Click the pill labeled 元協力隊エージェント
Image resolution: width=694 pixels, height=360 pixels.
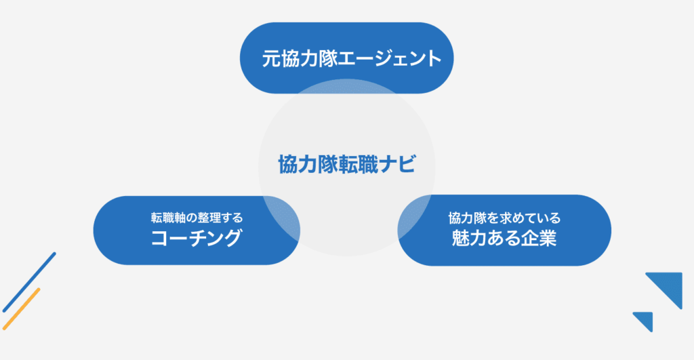pyautogui.click(x=346, y=58)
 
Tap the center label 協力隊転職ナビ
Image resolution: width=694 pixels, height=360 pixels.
pyautogui.click(x=347, y=164)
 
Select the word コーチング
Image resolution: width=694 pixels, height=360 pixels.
pyautogui.click(x=197, y=238)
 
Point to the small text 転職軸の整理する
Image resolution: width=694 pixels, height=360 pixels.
pyautogui.click(x=197, y=218)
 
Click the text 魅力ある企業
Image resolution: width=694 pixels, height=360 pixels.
pyautogui.click(x=504, y=238)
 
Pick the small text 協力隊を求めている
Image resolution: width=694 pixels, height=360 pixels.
pyautogui.click(x=504, y=218)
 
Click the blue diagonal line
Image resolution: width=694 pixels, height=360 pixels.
pyautogui.click(x=29, y=282)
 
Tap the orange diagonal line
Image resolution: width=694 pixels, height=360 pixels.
pyautogui.click(x=21, y=308)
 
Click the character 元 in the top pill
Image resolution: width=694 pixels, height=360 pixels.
pyautogui.click(x=270, y=58)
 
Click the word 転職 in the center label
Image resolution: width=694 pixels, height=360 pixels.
pyautogui.click(x=359, y=164)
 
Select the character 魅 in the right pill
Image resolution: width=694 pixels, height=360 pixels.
pyautogui.click(x=461, y=238)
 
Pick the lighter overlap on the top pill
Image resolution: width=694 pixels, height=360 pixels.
pyautogui.click(x=347, y=86)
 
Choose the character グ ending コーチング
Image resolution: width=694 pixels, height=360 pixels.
pyautogui.click(x=232, y=238)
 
